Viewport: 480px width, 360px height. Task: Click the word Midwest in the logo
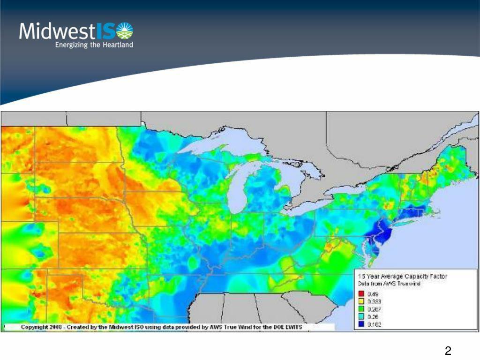57,31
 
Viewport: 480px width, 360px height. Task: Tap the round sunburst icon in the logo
124,31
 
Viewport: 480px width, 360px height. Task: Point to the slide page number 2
448,351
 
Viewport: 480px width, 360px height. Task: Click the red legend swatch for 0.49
361,294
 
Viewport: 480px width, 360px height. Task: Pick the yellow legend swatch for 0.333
361,301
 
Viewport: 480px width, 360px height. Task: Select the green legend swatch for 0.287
361,308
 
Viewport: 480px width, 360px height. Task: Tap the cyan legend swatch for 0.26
361,316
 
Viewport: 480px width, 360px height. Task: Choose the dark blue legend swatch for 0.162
361,323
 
